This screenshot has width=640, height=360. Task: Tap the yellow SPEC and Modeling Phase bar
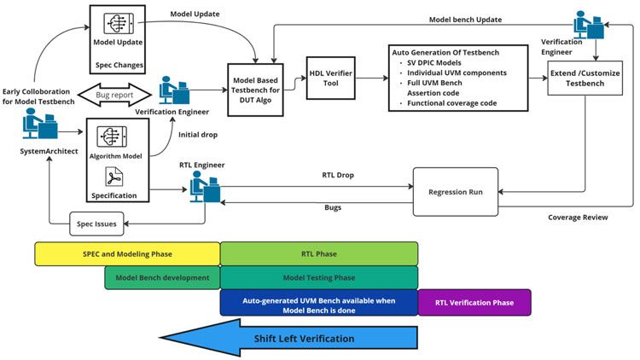[127, 253]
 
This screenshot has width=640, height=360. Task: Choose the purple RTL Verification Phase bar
[474, 302]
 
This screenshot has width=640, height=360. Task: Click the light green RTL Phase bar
[319, 253]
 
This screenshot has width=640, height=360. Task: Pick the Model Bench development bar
[162, 277]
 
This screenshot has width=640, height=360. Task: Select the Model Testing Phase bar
[319, 277]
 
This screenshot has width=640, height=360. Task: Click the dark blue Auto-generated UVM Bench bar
[319, 303]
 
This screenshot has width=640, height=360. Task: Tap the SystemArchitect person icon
[39, 129]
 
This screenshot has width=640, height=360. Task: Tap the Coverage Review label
[578, 218]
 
